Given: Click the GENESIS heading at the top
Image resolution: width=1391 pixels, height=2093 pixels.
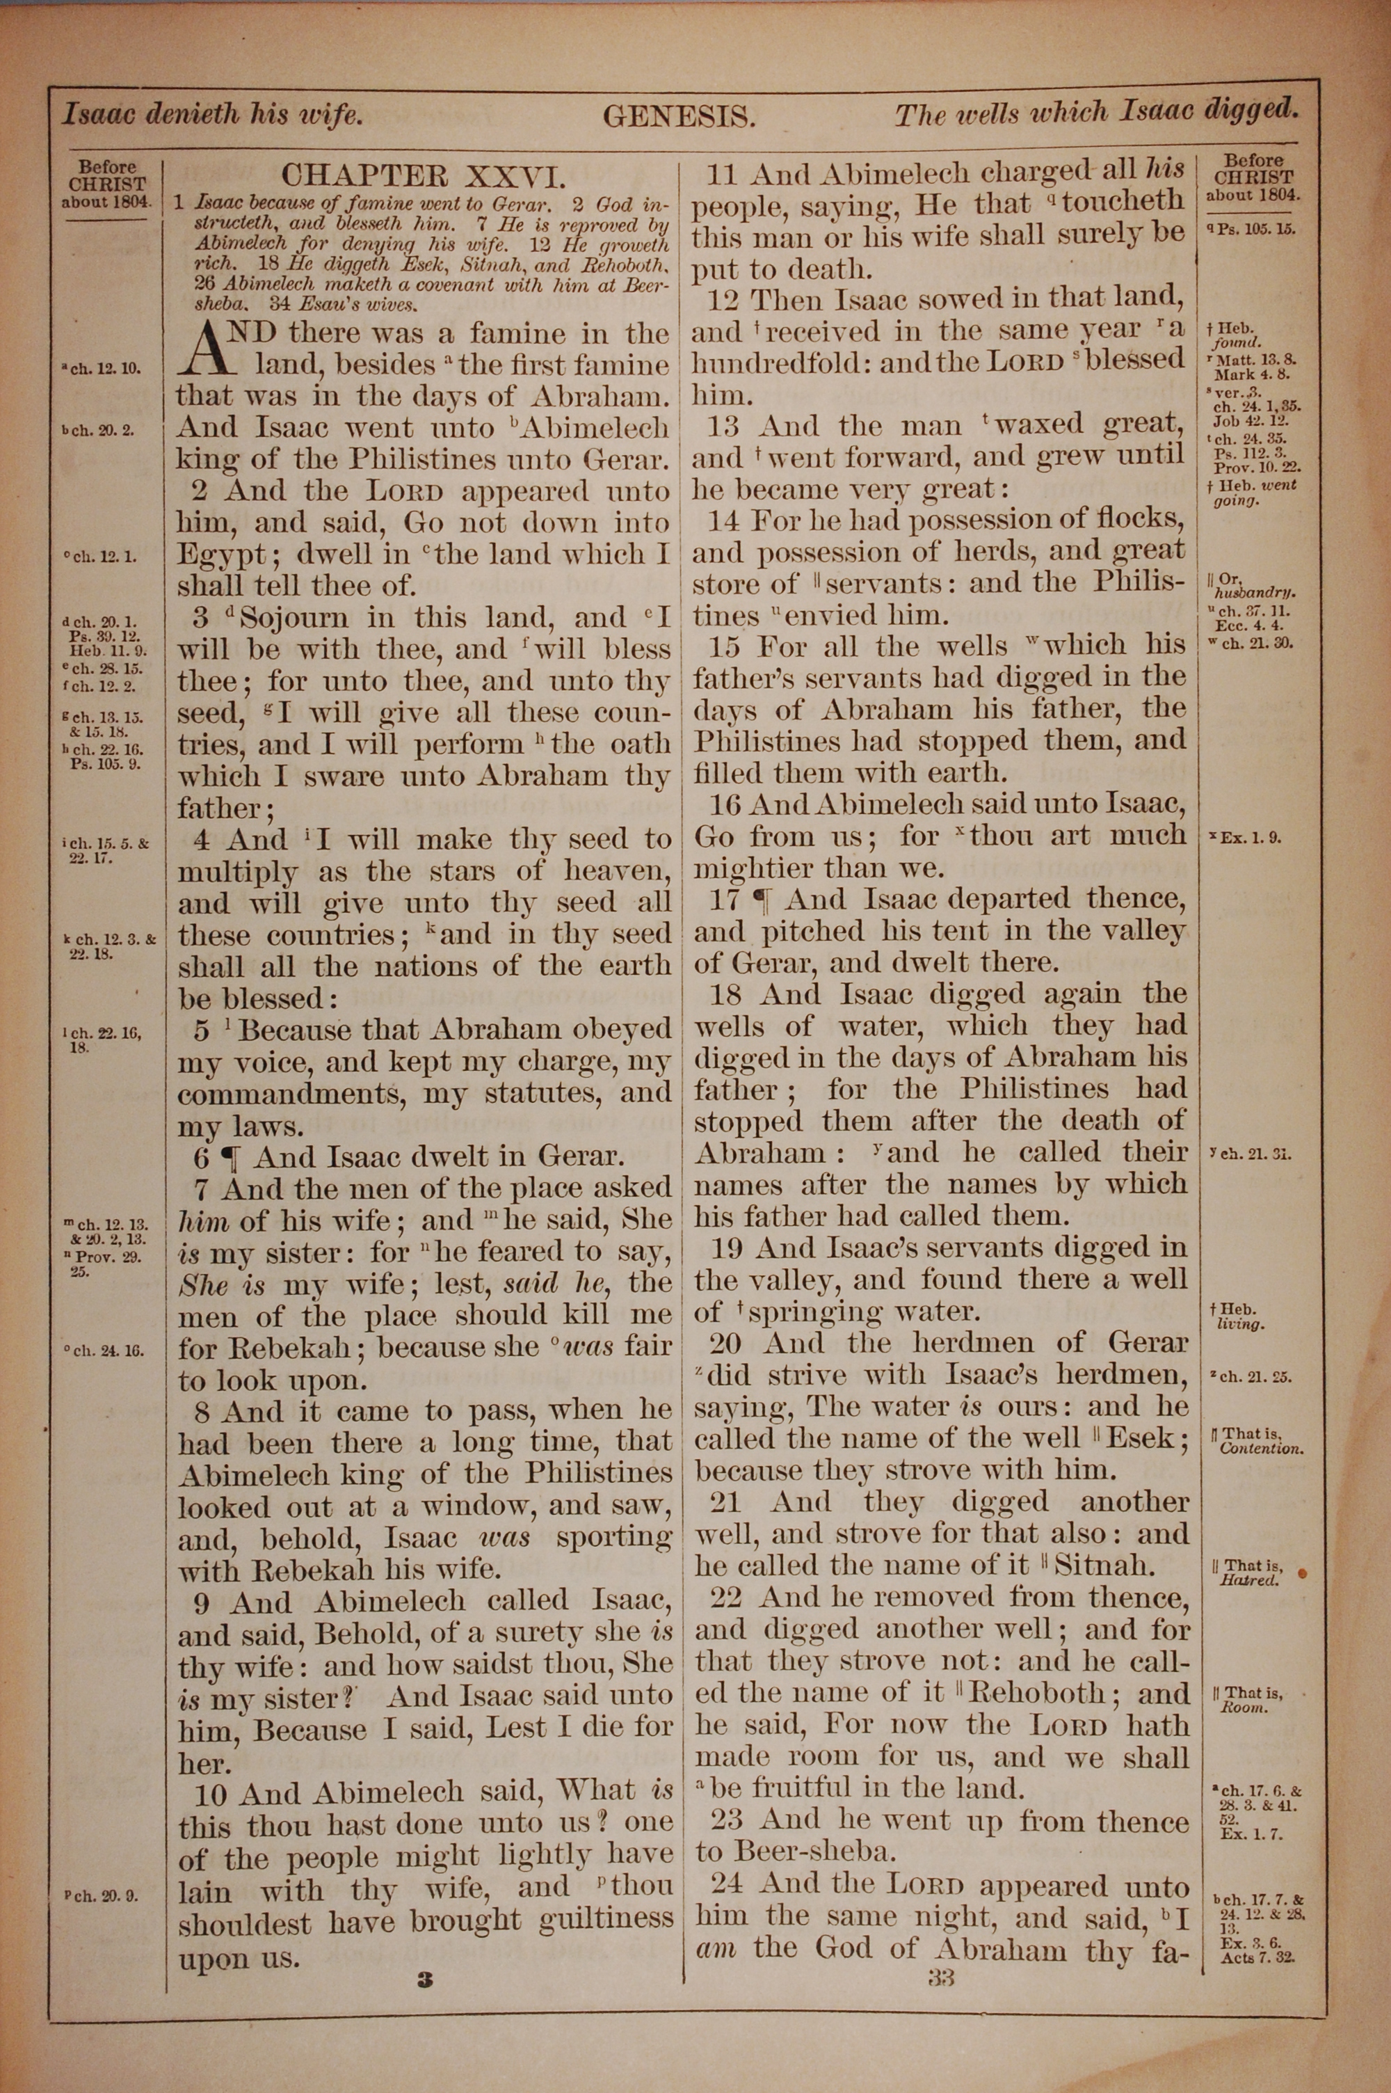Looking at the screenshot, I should click(679, 116).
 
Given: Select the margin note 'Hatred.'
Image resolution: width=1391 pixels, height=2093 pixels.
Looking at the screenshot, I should click(1249, 1579).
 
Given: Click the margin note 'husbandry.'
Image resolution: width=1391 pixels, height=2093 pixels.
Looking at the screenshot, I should click(1256, 593).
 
